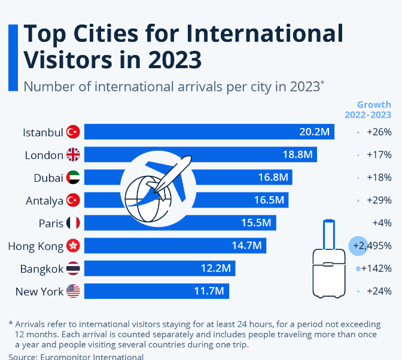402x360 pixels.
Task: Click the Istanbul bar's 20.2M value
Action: click(313, 132)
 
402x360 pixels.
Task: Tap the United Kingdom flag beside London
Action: click(73, 155)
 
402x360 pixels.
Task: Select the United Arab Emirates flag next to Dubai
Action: click(73, 178)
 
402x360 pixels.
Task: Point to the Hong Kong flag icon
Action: click(73, 246)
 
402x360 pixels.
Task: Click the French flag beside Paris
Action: click(73, 223)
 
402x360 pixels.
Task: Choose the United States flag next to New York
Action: click(73, 291)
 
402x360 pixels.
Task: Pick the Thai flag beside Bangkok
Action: click(73, 269)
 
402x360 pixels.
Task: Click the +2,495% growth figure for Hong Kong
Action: click(372, 246)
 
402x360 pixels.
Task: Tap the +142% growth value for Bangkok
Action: click(376, 269)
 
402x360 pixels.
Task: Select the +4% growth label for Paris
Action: click(382, 223)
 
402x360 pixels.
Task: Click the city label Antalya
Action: click(44, 200)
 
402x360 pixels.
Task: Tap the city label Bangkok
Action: click(42, 269)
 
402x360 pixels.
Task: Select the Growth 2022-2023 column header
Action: click(368, 109)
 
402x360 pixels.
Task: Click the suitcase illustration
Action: click(329, 263)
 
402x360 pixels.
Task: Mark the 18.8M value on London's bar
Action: click(298, 155)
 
